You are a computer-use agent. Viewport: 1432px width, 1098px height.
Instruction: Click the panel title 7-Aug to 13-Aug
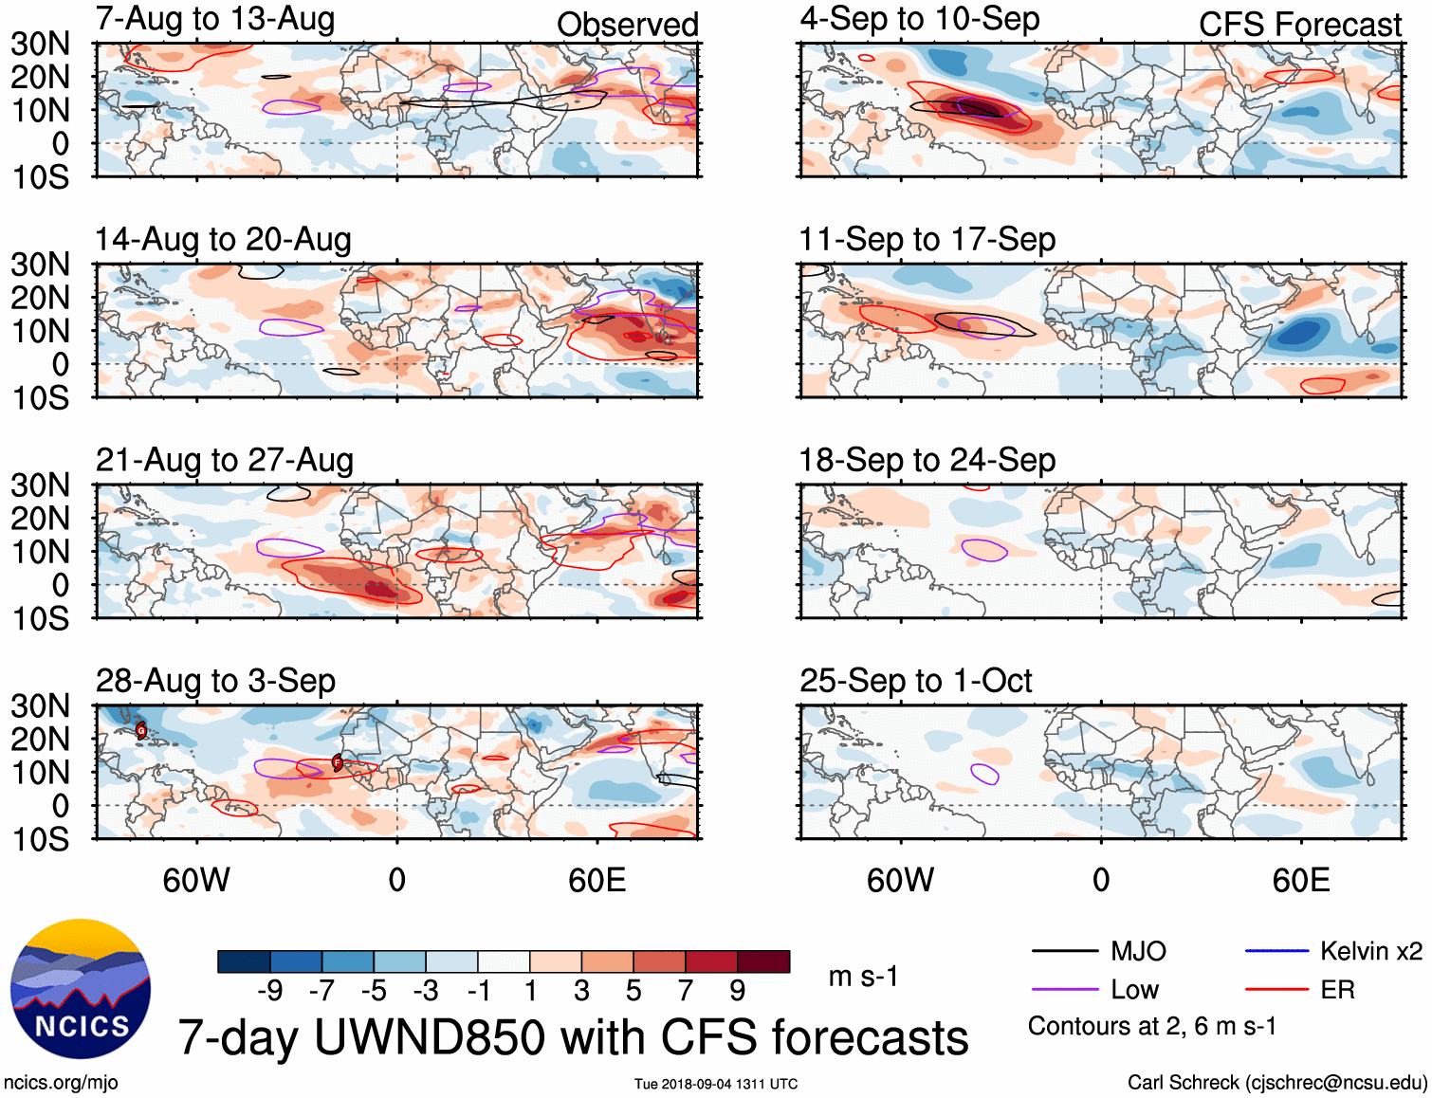215,20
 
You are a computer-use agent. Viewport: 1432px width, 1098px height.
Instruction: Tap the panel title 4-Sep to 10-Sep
919,20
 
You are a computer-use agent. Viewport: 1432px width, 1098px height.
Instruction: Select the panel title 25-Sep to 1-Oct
915,681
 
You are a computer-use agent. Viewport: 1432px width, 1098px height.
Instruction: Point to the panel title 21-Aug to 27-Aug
224,460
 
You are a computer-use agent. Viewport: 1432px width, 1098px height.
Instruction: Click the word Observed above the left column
627,25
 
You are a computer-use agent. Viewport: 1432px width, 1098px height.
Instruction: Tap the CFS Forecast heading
1299,25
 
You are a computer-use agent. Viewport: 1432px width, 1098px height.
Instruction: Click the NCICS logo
81,989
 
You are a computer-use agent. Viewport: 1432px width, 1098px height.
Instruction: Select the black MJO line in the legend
1064,951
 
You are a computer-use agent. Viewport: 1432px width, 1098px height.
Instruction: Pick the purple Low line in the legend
1064,990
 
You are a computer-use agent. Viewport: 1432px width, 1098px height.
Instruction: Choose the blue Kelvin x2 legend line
1276,951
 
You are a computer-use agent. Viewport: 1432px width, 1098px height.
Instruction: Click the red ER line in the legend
1276,990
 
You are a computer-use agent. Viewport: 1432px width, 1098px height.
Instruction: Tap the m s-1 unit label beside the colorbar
863,976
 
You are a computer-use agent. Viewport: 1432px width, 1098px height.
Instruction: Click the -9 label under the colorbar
270,991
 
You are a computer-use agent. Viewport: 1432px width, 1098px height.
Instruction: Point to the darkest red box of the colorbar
763,961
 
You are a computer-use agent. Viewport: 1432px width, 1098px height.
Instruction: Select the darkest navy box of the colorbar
243,961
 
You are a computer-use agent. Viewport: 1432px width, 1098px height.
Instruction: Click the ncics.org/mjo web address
61,1083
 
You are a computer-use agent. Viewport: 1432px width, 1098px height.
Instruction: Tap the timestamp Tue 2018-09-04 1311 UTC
716,1084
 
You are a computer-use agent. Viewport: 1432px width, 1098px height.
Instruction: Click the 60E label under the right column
1300,880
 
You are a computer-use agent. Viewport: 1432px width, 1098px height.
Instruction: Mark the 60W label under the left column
196,880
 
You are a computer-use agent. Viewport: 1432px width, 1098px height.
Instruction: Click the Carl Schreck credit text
1276,1083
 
